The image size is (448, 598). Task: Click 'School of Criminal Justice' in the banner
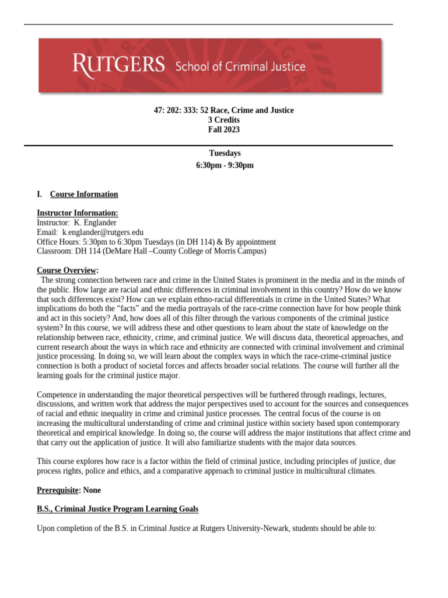[x=240, y=66]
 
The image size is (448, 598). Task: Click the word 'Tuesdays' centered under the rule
[x=224, y=154]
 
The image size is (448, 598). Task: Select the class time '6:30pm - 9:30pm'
[x=225, y=165]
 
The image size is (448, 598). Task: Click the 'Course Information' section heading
[x=84, y=194]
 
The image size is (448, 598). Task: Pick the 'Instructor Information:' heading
[x=77, y=213]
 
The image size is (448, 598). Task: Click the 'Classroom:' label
[x=54, y=251]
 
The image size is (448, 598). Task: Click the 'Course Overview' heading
[x=66, y=270]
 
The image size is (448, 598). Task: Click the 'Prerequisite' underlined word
[x=57, y=490]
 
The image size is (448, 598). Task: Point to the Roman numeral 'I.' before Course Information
[x=40, y=194]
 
